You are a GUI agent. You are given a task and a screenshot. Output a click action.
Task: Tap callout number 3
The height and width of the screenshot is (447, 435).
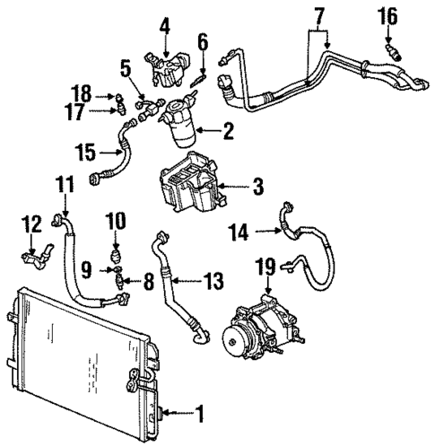coord(258,188)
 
